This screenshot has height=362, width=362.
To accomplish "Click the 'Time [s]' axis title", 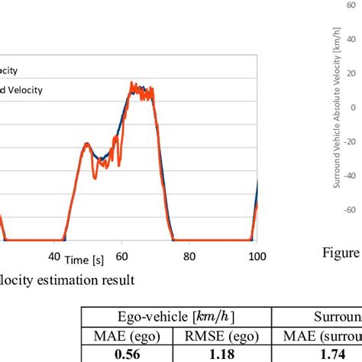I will coord(83,260).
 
